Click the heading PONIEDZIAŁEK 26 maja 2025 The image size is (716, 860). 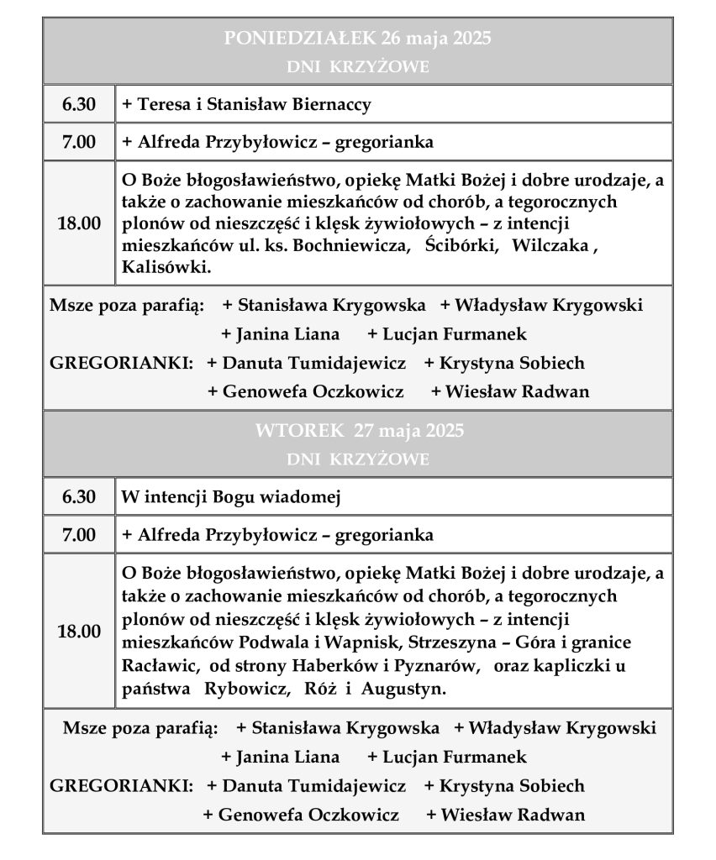click(x=358, y=39)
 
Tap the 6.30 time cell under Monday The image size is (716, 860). click(x=79, y=105)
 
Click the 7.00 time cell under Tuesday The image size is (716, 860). click(x=79, y=534)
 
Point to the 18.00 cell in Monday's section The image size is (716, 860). click(x=79, y=223)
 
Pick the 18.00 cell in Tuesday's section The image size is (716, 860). click(x=79, y=632)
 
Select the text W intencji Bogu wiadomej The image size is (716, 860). click(x=229, y=496)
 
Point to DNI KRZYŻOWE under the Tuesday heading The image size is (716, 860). click(x=358, y=460)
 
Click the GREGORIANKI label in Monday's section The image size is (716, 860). click(x=122, y=364)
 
